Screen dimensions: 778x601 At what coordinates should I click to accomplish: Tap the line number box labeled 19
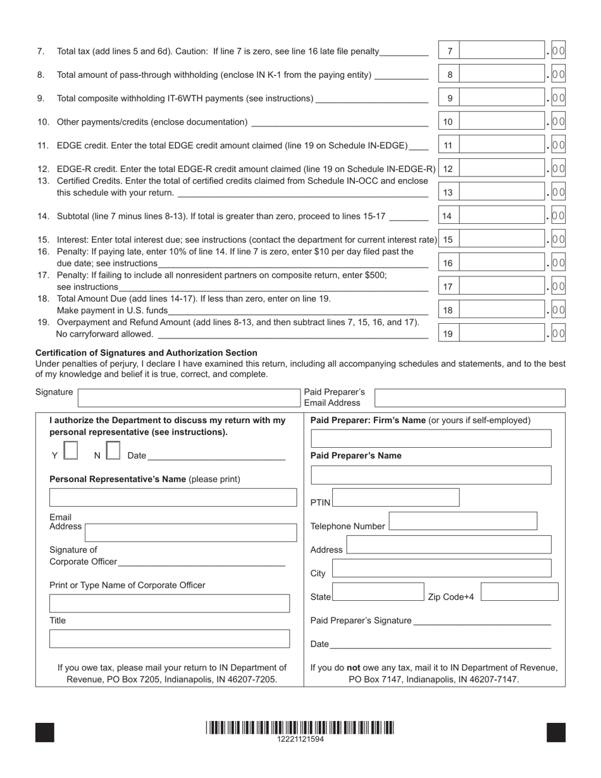coord(449,333)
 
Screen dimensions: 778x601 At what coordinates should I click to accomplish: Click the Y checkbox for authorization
coord(71,450)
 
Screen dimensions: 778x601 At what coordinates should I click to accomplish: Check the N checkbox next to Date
coord(113,450)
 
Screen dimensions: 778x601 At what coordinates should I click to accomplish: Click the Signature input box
coord(187,398)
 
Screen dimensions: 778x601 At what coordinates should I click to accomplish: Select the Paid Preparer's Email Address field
coord(469,398)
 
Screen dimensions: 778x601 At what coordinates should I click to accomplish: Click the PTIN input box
coord(396,498)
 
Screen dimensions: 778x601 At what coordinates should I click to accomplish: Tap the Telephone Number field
coord(462,521)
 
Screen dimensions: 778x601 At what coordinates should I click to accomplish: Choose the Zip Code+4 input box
coord(519,592)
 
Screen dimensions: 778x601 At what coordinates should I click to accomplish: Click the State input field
coord(378,592)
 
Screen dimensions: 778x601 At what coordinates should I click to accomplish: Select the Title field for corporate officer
coord(169,639)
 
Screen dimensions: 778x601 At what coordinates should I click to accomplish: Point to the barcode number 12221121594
coord(300,739)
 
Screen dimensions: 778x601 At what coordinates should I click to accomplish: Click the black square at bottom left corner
coord(45,732)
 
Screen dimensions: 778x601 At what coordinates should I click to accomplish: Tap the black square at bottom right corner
coord(555,732)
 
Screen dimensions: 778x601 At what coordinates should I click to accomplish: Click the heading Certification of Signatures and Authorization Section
coord(146,353)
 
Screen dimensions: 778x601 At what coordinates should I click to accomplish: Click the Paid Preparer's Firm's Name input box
coord(431,438)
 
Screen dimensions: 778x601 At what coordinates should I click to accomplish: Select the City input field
coord(441,568)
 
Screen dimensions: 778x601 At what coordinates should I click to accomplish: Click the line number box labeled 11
coord(449,145)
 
